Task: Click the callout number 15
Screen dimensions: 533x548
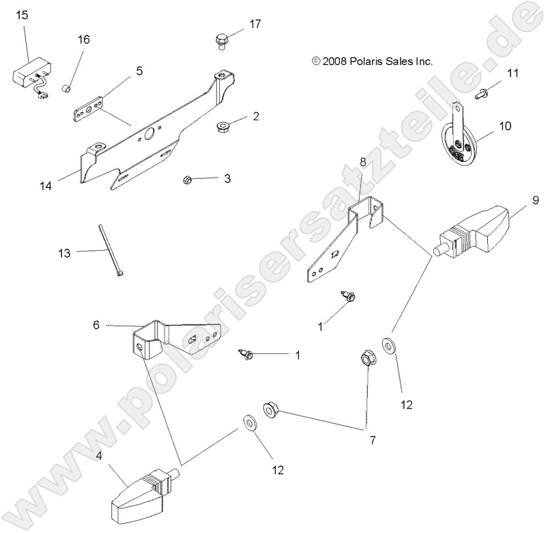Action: [x=22, y=14]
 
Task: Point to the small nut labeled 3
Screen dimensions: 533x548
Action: [x=187, y=180]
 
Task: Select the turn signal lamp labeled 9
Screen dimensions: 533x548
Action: [x=476, y=234]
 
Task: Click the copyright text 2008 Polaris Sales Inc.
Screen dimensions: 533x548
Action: [x=372, y=61]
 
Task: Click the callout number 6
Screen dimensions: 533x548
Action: [x=96, y=325]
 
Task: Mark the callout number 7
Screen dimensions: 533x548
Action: [x=373, y=440]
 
